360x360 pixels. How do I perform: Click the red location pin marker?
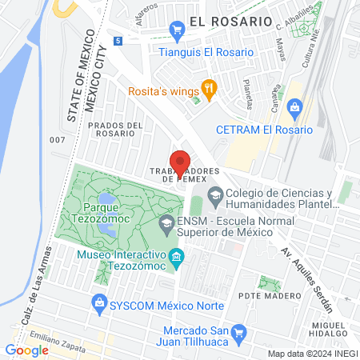[180, 163]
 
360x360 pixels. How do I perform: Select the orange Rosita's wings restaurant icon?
[209, 89]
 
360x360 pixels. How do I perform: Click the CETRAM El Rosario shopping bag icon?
[295, 106]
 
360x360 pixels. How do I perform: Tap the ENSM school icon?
[166, 222]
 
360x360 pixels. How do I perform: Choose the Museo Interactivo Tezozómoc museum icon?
[177, 256]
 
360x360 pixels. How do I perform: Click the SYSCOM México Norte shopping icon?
[99, 302]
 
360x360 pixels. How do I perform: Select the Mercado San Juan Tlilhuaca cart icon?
[238, 331]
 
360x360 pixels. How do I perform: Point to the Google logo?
[26, 350]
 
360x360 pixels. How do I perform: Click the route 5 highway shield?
[118, 41]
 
